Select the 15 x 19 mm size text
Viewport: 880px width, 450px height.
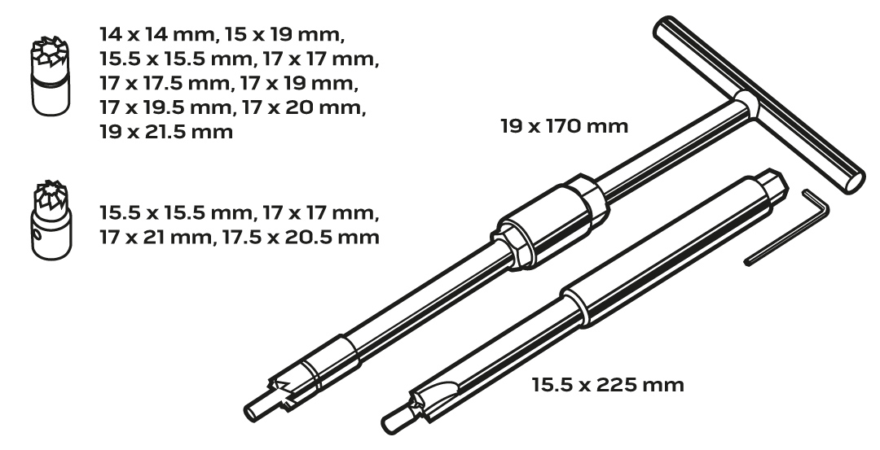pos(284,35)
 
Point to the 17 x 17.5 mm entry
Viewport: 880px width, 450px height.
pos(165,84)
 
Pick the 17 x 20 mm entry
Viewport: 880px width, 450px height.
pos(304,107)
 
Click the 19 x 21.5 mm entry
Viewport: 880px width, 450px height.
pos(166,133)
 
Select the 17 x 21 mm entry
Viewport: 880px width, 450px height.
pos(156,237)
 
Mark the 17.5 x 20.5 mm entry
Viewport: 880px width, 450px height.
pos(301,237)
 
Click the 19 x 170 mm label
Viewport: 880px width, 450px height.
pos(564,126)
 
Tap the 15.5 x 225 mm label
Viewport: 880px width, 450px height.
pos(608,385)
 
